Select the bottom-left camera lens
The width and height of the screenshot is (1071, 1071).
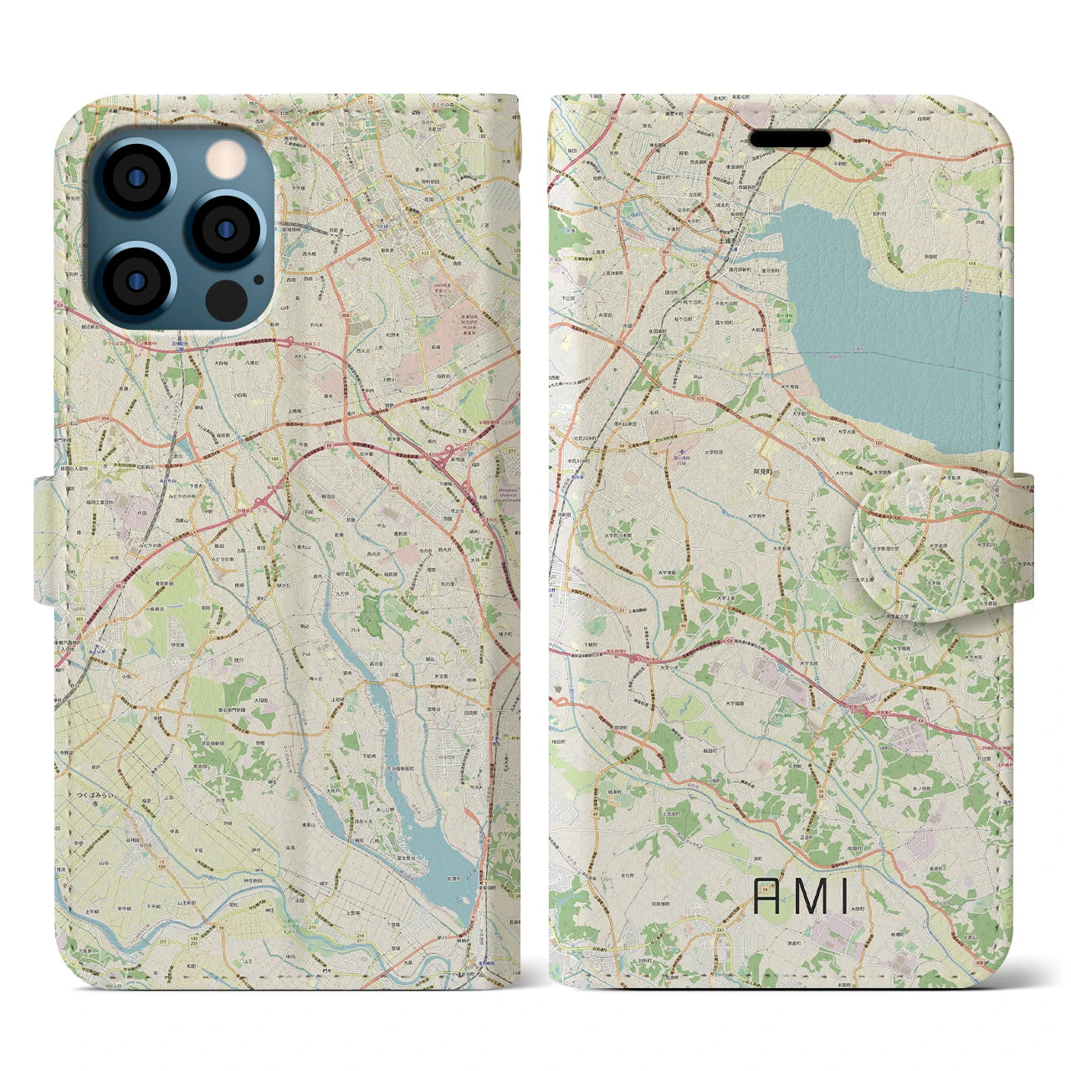point(134,279)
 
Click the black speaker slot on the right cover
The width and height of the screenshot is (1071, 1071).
point(789,138)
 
